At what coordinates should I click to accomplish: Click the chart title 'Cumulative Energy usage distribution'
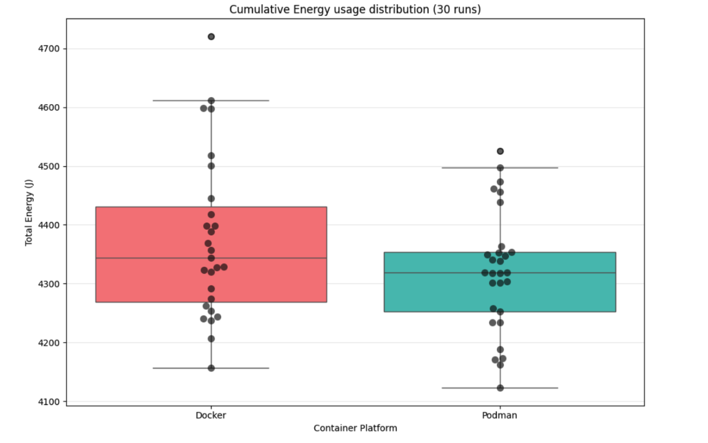pyautogui.click(x=355, y=9)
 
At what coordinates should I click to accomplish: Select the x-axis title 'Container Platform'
pyautogui.click(x=355, y=428)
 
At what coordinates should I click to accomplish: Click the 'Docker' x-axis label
pyautogui.click(x=211, y=415)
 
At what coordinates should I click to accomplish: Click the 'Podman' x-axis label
pyautogui.click(x=500, y=415)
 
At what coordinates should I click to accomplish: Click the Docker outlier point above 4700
pyautogui.click(x=211, y=36)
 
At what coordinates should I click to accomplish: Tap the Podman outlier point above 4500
pyautogui.click(x=500, y=151)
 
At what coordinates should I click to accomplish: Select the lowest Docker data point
pyautogui.click(x=211, y=368)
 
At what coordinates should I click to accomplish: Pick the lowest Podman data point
pyautogui.click(x=500, y=388)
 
